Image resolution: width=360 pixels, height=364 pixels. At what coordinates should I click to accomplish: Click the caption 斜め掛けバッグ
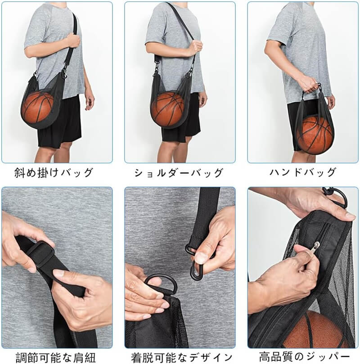click(x=54, y=173)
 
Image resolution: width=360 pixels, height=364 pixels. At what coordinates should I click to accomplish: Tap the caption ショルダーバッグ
click(x=179, y=173)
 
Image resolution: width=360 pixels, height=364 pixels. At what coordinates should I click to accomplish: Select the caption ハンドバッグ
click(x=303, y=172)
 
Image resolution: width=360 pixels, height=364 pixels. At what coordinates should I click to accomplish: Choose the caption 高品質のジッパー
click(x=304, y=356)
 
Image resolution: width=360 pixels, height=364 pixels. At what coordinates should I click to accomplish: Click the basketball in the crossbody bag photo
click(x=38, y=107)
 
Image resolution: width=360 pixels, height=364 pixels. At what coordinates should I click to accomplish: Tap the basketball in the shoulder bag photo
click(x=167, y=109)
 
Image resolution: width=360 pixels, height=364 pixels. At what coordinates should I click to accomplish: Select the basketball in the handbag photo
click(x=315, y=133)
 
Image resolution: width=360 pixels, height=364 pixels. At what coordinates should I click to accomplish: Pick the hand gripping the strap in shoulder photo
click(x=196, y=48)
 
